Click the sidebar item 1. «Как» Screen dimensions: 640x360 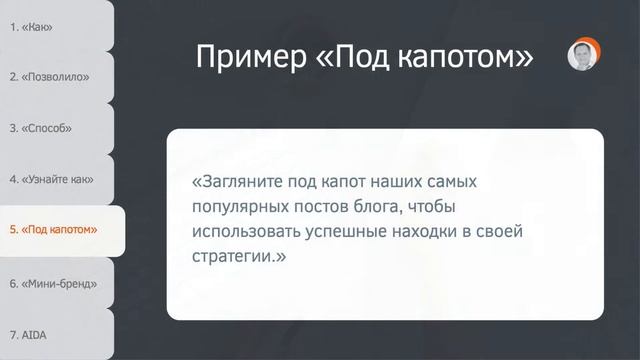[x=31, y=27]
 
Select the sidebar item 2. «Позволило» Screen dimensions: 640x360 [x=49, y=77]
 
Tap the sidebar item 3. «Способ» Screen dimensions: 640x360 [x=40, y=128]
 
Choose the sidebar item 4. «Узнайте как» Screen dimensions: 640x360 [x=51, y=179]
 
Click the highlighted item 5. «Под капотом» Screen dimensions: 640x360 [x=53, y=230]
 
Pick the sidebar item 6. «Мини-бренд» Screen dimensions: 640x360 [x=53, y=284]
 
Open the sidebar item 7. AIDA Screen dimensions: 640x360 [x=28, y=335]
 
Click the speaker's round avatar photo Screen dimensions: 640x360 [x=584, y=54]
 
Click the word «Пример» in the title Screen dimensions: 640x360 [x=251, y=57]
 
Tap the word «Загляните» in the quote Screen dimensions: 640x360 [x=238, y=182]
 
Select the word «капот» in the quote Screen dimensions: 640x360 [x=343, y=182]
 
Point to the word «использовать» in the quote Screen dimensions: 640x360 [x=246, y=231]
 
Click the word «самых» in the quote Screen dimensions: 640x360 [x=452, y=182]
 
